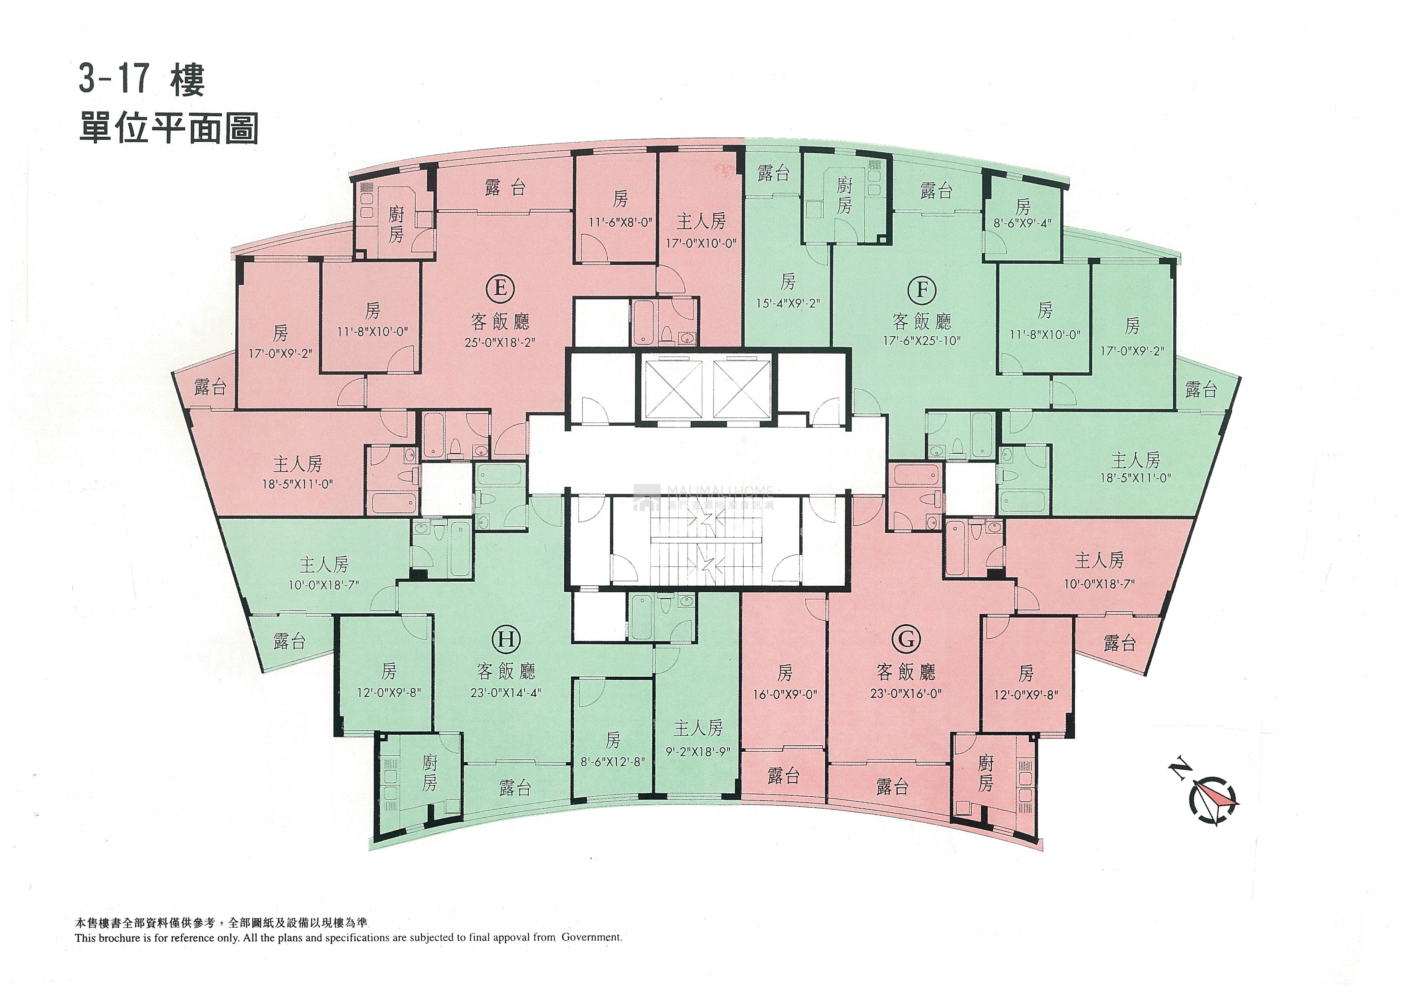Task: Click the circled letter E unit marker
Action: pyautogui.click(x=500, y=287)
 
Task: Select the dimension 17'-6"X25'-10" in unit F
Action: pyautogui.click(x=922, y=341)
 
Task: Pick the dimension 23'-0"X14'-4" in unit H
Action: pyautogui.click(x=505, y=693)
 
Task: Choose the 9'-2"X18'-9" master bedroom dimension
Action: pyautogui.click(x=698, y=752)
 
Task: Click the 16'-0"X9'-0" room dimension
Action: pyautogui.click(x=785, y=695)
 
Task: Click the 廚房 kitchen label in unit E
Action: pyautogui.click(x=396, y=224)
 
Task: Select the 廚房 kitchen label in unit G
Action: pyautogui.click(x=985, y=773)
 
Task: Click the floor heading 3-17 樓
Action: pyautogui.click(x=141, y=81)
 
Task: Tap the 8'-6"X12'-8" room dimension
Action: pyautogui.click(x=613, y=763)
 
